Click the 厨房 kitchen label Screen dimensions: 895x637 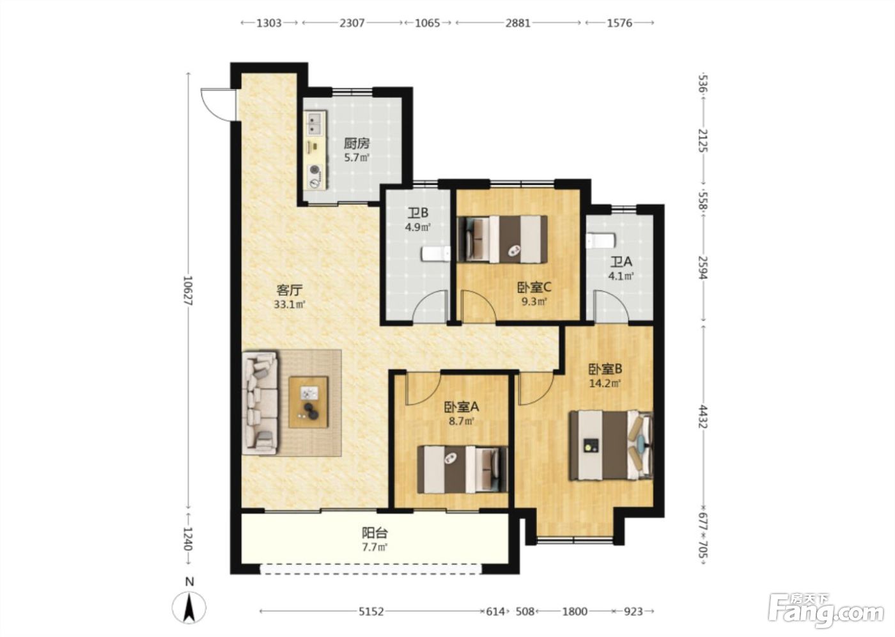357,143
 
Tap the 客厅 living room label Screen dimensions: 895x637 290,289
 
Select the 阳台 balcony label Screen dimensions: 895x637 375,533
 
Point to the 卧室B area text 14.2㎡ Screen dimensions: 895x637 605,384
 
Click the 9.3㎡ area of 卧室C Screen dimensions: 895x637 534,302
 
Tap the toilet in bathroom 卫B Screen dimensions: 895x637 436,254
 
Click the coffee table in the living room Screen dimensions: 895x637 308,402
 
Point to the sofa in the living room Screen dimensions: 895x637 260,403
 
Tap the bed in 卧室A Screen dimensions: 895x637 462,469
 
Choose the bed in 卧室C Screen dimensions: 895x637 502,239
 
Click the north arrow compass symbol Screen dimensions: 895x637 189,608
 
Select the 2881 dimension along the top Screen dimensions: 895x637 518,23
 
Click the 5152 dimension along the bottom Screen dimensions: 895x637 371,611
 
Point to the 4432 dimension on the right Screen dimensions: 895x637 703,417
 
